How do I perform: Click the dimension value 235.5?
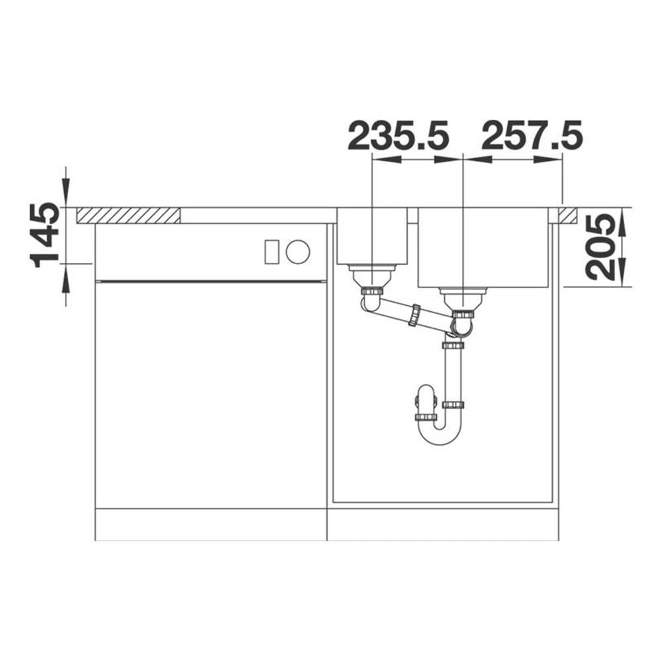[x=398, y=136]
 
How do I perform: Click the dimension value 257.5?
[x=532, y=136]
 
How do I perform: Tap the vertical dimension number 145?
[x=46, y=235]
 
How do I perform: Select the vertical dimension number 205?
[x=600, y=248]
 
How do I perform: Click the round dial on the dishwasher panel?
[x=298, y=252]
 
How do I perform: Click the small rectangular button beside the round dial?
[x=271, y=252]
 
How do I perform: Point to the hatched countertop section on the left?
[x=128, y=215]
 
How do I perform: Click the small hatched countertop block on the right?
[x=568, y=215]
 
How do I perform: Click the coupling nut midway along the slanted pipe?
[x=414, y=315]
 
